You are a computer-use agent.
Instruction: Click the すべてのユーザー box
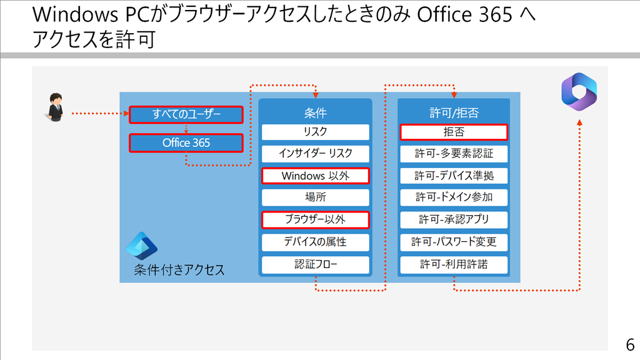186,114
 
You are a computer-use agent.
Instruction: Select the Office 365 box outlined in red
186,143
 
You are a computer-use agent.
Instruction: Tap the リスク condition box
316,132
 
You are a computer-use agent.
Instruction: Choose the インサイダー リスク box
316,154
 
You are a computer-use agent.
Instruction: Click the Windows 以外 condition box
316,176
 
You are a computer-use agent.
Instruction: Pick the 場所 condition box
316,197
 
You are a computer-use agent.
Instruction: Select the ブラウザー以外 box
316,219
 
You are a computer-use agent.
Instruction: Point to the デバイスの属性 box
316,242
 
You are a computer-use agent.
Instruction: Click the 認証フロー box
316,264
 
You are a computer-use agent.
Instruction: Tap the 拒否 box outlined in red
454,132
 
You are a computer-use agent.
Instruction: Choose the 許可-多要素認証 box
454,154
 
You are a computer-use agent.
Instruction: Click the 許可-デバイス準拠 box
454,176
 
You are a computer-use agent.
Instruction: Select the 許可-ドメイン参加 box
454,197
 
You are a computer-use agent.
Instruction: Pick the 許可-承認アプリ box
454,219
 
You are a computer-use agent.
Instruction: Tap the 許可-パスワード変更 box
454,242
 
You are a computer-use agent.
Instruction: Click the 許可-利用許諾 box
454,264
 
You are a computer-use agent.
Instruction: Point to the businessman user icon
55,107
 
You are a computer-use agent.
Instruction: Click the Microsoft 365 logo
579,92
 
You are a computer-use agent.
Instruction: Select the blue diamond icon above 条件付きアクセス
142,246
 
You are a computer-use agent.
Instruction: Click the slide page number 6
630,345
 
